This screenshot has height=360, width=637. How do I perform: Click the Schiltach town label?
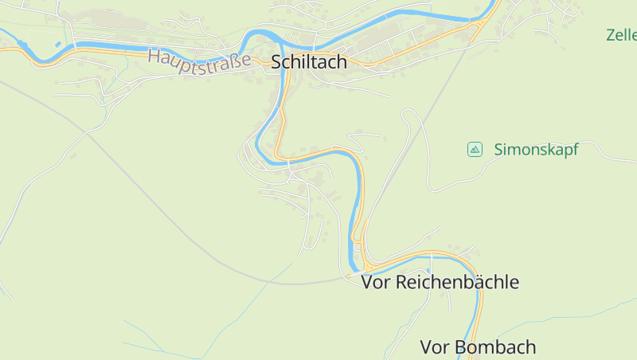pyautogui.click(x=309, y=62)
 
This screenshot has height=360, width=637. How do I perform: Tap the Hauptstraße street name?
pyautogui.click(x=199, y=58)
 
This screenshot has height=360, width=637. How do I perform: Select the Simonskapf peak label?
pyautogui.click(x=535, y=149)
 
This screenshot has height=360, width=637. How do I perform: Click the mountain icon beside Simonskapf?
pyautogui.click(x=475, y=149)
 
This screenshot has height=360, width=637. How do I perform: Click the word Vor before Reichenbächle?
pyautogui.click(x=376, y=282)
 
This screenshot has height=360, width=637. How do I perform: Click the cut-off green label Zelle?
pyautogui.click(x=621, y=35)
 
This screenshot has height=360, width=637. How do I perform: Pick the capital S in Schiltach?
pyautogui.click(x=277, y=62)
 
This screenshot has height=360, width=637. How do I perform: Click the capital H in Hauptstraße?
pyautogui.click(x=154, y=54)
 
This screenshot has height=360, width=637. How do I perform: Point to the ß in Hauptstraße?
pyautogui.click(x=235, y=61)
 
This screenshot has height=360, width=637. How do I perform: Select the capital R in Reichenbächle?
pyautogui.click(x=401, y=282)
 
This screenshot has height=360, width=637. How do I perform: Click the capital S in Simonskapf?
pyautogui.click(x=498, y=149)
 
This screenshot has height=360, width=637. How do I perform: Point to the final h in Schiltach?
pyautogui.click(x=342, y=62)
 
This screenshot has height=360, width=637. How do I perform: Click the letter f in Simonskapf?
pyautogui.click(x=574, y=149)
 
